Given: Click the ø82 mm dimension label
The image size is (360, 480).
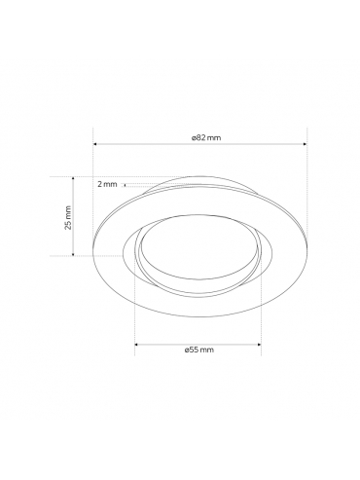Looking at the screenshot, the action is click(206, 137).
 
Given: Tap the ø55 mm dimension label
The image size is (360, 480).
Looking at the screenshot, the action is click(199, 350).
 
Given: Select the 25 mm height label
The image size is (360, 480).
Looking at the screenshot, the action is click(68, 217).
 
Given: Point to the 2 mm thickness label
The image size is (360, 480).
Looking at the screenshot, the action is click(107, 184).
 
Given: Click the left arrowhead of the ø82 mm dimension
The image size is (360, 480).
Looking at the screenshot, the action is click(95, 144).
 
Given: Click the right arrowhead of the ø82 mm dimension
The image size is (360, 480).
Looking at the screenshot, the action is click(305, 144).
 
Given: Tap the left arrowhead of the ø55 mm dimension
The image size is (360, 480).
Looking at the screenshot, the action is click(136, 344).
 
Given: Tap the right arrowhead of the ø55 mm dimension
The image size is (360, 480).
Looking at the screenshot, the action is click(259, 344).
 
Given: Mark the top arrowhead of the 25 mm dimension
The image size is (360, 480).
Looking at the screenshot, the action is click(73, 179).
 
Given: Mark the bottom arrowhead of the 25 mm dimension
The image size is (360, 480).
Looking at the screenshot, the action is click(73, 254).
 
